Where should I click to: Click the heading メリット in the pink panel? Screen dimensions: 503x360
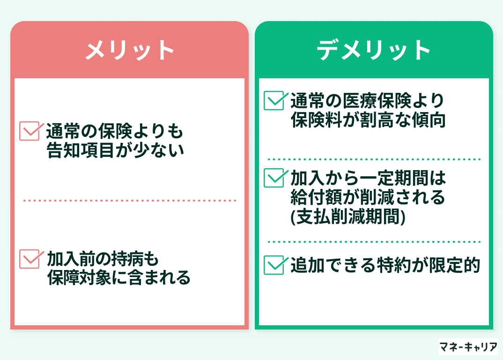[x=130, y=50]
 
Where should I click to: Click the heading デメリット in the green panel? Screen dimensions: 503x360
[x=374, y=50]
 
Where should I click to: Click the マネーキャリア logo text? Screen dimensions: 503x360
[x=468, y=347]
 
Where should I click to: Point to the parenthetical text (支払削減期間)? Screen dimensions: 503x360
[x=348, y=217]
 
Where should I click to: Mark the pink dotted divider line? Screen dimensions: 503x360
[x=130, y=201]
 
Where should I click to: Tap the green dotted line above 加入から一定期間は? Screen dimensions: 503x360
[x=374, y=159]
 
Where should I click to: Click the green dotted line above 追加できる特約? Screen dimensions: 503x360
[x=374, y=242]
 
